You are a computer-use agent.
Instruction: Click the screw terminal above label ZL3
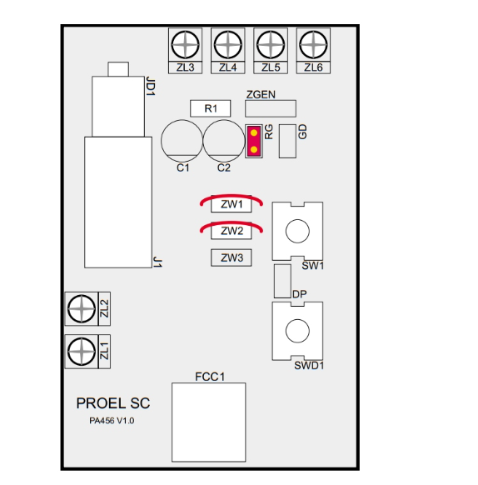(185, 44)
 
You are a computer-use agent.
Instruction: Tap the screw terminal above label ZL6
(313, 44)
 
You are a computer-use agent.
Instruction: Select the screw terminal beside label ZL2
(82, 308)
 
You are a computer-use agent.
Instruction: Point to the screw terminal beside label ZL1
(82, 352)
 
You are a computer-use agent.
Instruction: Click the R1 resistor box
(210, 108)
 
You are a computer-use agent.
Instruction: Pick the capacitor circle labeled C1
(182, 141)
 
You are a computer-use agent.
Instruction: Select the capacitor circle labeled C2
(224, 141)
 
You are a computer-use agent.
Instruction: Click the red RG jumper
(254, 142)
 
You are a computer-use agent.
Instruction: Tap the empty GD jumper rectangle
(287, 142)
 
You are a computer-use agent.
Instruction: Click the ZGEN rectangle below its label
(271, 108)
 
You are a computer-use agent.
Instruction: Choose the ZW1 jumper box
(232, 204)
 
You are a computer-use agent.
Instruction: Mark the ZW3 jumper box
(232, 257)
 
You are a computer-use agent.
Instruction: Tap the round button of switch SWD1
(297, 331)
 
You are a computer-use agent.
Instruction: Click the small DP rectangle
(282, 281)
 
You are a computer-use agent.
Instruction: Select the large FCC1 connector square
(209, 422)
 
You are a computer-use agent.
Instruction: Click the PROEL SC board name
(113, 403)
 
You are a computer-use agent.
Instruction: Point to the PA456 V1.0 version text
(112, 421)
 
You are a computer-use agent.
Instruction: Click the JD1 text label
(150, 87)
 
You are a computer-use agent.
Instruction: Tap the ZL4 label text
(228, 67)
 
